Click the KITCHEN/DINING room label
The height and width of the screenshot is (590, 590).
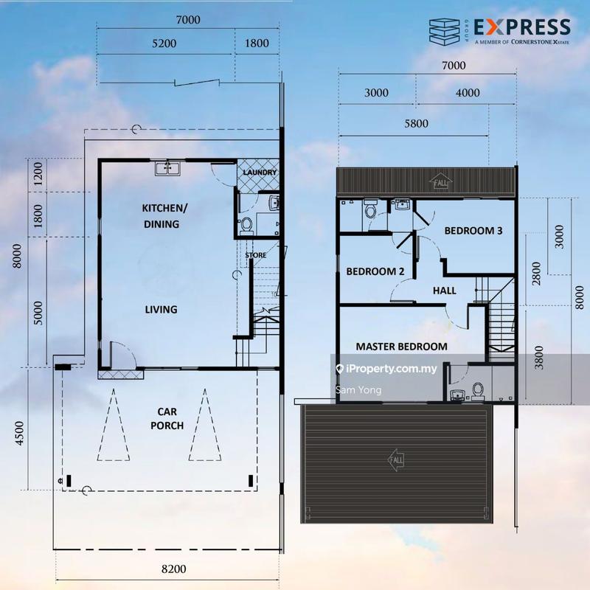click(x=164, y=216)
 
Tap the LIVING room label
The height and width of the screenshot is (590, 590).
click(x=161, y=309)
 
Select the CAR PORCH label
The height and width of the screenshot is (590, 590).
click(x=167, y=418)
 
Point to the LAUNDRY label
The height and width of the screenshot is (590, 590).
click(x=260, y=173)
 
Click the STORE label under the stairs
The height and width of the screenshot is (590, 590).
click(x=256, y=255)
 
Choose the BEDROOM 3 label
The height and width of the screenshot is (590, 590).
click(x=473, y=231)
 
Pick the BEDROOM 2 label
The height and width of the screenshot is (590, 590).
click(x=375, y=271)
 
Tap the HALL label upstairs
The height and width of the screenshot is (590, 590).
click(x=445, y=291)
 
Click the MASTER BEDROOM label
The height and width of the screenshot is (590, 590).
click(x=401, y=347)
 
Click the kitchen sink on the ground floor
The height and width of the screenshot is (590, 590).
click(x=167, y=168)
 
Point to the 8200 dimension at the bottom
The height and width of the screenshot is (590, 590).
click(x=174, y=569)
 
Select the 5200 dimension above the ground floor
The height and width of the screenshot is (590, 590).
click(x=164, y=44)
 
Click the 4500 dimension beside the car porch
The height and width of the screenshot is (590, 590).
click(x=20, y=434)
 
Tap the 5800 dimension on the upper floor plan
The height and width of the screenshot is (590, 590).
click(x=416, y=123)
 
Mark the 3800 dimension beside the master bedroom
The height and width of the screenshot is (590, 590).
click(x=539, y=358)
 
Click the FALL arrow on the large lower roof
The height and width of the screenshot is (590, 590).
click(x=396, y=459)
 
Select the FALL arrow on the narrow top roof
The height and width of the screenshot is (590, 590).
click(x=440, y=182)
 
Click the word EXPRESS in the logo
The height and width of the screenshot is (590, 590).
click(x=522, y=27)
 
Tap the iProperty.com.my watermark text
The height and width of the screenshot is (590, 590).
click(x=392, y=369)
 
